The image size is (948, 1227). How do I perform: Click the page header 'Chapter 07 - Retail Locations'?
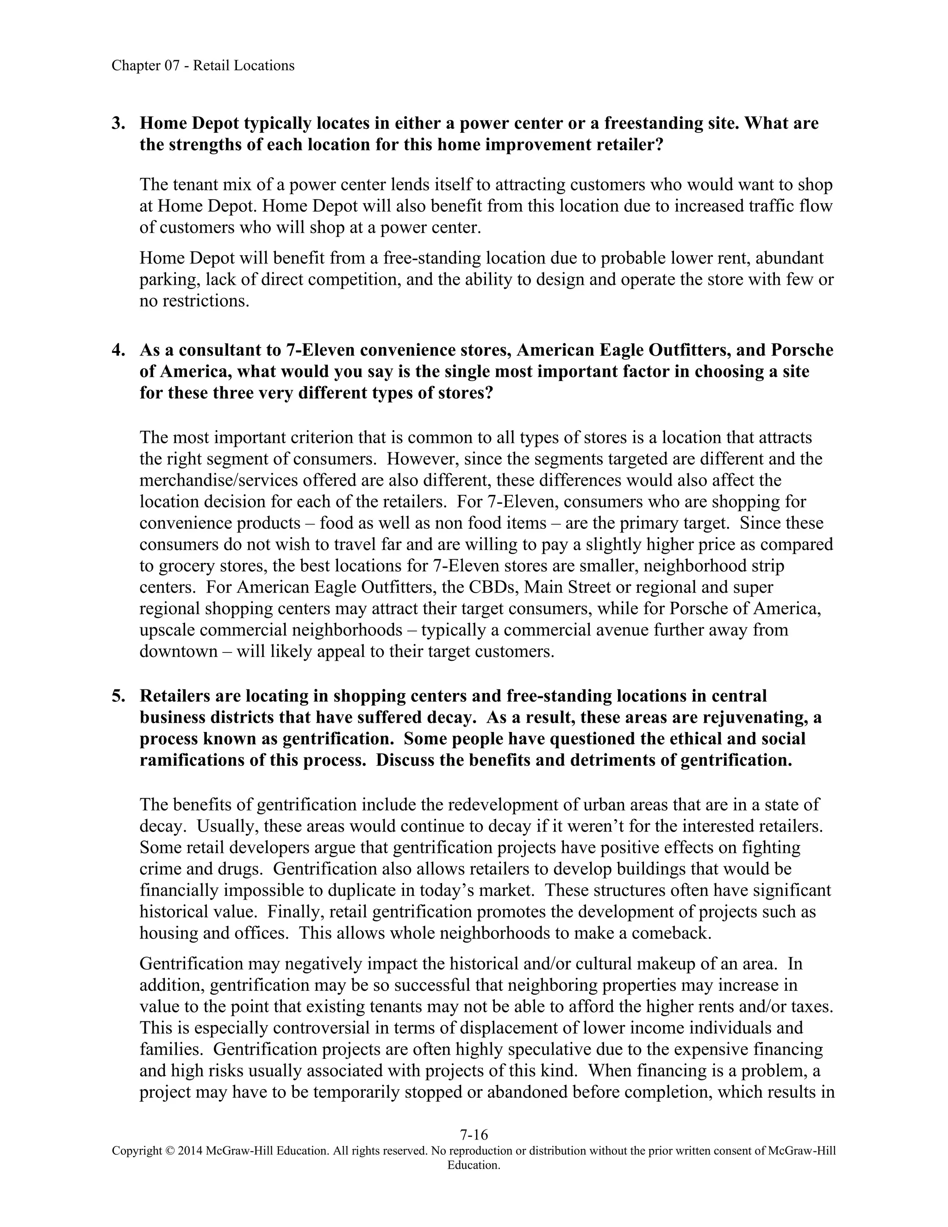point(203,66)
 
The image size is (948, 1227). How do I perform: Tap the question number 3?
point(118,123)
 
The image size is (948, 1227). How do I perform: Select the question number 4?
point(118,350)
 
